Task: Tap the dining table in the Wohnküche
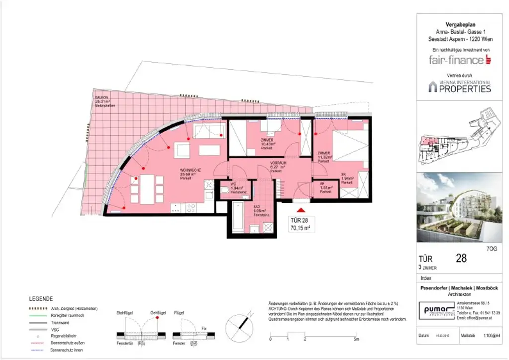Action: tap(147, 189)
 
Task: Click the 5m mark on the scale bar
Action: tap(356, 339)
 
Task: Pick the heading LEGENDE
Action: tap(41, 299)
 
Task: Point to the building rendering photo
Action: tap(459, 208)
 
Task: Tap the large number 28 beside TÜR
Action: tap(461, 258)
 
